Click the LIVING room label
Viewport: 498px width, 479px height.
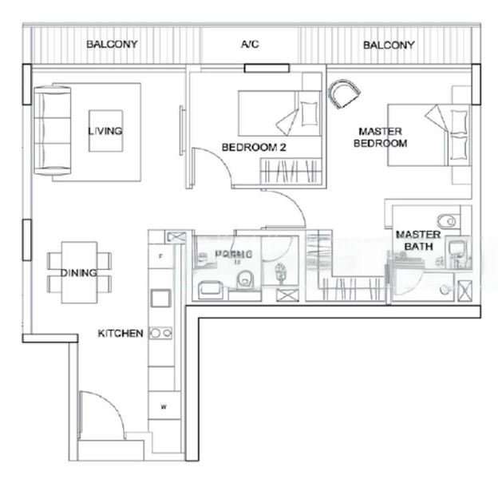coord(105,132)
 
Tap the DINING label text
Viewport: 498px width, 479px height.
coord(79,273)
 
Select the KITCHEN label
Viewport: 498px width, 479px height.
coord(121,333)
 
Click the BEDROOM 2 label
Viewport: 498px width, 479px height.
coord(253,147)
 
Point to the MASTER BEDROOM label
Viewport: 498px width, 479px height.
coord(383,137)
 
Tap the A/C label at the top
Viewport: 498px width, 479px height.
coord(250,46)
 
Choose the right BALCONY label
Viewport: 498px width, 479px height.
coord(389,46)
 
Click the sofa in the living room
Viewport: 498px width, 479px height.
coord(52,131)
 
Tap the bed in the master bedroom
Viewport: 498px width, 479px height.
coord(425,135)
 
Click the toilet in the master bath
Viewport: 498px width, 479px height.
coord(448,218)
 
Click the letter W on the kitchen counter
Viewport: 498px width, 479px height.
coord(162,407)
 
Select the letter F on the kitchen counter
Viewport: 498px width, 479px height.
coord(160,256)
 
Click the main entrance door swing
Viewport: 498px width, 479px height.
coord(101,414)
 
